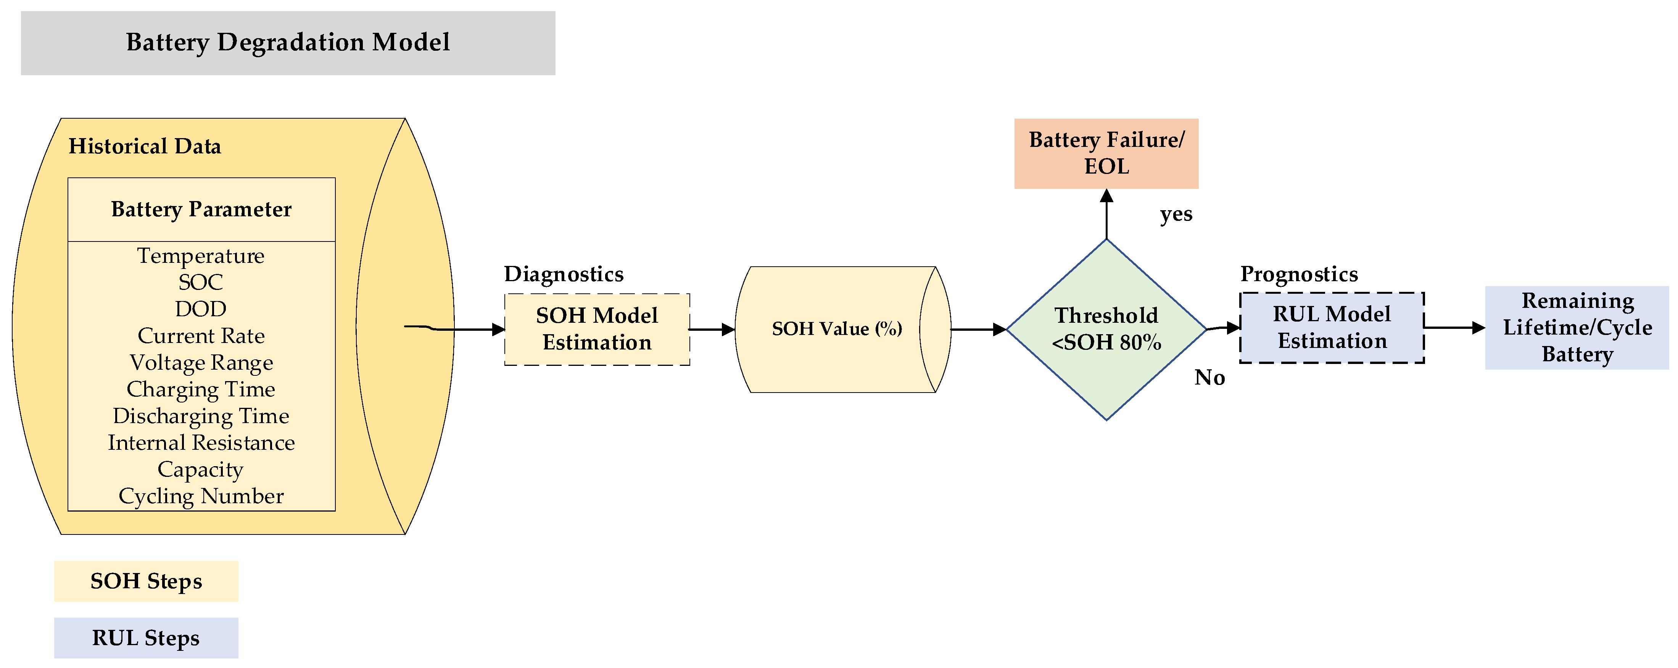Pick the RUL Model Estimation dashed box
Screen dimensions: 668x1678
1332,327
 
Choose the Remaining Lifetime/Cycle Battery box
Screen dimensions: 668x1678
1577,327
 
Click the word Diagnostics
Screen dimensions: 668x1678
564,274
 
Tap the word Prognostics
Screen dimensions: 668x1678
1299,274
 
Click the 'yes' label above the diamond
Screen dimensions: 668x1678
1176,214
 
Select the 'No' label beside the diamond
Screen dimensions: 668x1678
1209,378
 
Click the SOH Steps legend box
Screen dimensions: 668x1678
146,581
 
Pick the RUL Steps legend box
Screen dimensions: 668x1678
146,637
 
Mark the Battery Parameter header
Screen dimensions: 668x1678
201,210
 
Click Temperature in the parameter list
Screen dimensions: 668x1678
201,256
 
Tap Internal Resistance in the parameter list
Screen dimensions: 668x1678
201,443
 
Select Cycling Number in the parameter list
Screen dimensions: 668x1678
201,496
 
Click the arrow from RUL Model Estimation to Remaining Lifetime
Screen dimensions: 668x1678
1454,327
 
